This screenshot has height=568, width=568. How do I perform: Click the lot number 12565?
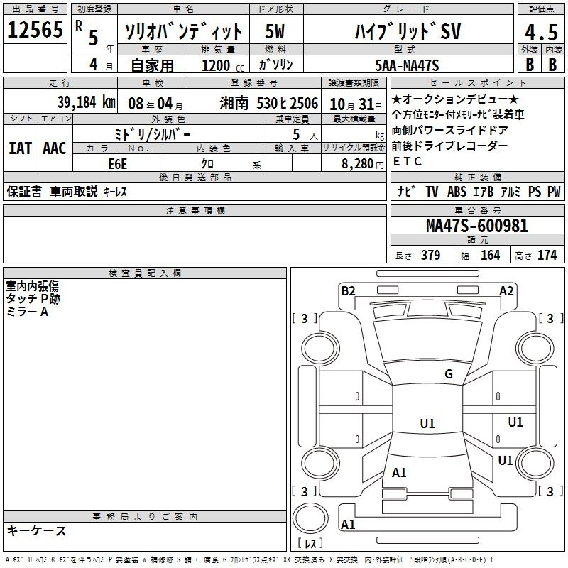tap(35, 30)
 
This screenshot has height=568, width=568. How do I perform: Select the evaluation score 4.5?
tap(541, 32)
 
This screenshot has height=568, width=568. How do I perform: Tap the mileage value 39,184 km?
tap(86, 102)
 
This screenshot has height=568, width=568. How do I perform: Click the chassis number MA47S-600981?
tap(477, 226)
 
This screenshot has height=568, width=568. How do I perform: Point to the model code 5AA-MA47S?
tap(407, 65)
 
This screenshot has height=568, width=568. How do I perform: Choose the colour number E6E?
tap(117, 164)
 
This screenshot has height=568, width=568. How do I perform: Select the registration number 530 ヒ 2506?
tap(287, 103)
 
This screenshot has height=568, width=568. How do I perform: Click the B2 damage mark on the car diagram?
tap(348, 291)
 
